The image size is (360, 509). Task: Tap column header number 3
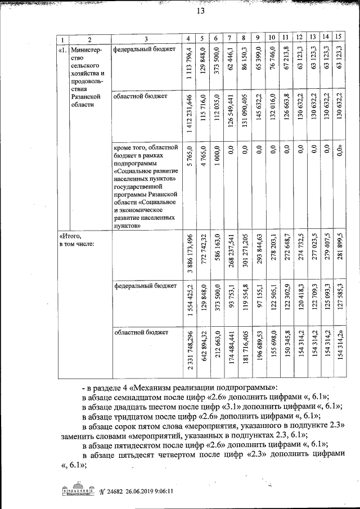point(146,38)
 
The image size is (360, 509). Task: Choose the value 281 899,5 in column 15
point(339,256)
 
